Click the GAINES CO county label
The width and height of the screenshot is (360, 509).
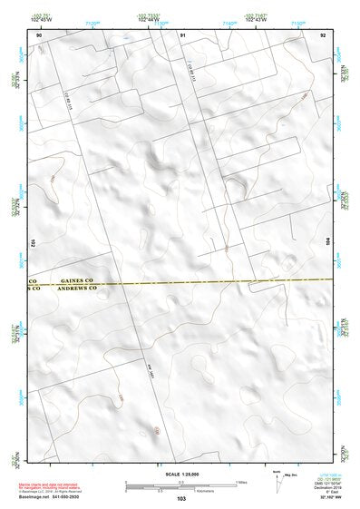click(x=77, y=281)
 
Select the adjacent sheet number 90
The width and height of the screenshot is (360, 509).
click(x=38, y=34)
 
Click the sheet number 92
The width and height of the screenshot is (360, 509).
click(x=323, y=34)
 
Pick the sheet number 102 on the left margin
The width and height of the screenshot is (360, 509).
click(x=33, y=243)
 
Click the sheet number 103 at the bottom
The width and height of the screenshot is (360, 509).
click(x=180, y=499)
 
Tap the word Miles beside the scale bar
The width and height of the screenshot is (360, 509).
click(x=241, y=482)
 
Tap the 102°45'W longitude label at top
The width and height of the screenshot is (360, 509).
click(x=40, y=19)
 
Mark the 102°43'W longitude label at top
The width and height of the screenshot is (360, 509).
click(x=256, y=19)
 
